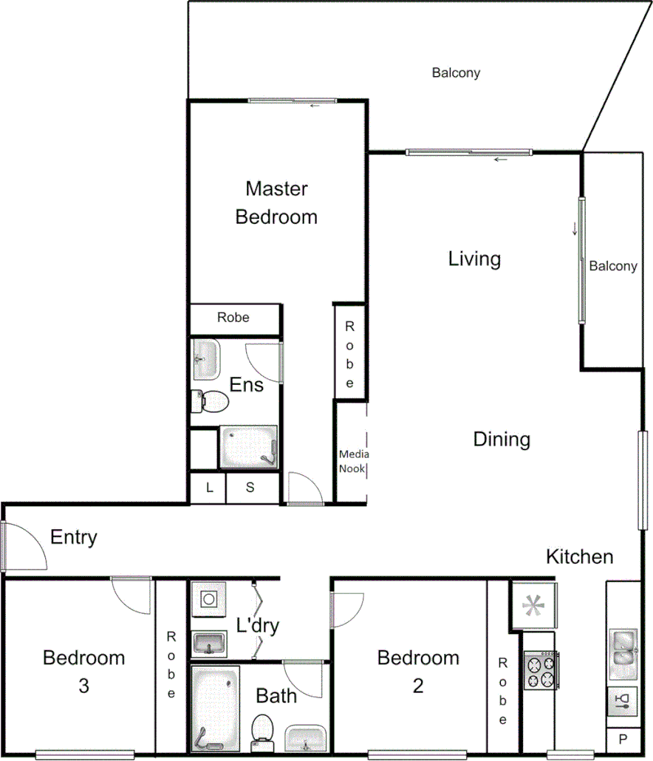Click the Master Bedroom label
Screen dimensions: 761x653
(x=276, y=203)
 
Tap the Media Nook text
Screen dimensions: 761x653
(x=354, y=462)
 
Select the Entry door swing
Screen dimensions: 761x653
(x=26, y=547)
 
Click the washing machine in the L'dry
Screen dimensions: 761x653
(x=209, y=598)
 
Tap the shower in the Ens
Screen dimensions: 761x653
(x=249, y=447)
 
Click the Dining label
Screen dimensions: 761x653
(x=502, y=440)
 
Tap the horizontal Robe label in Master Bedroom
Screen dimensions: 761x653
(x=233, y=318)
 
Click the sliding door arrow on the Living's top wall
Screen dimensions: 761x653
(x=502, y=160)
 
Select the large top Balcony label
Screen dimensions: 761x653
(x=456, y=73)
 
